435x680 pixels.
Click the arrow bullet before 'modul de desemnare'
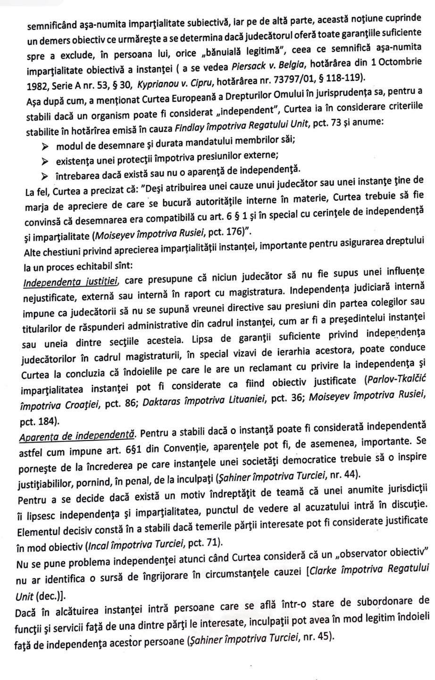46,141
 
